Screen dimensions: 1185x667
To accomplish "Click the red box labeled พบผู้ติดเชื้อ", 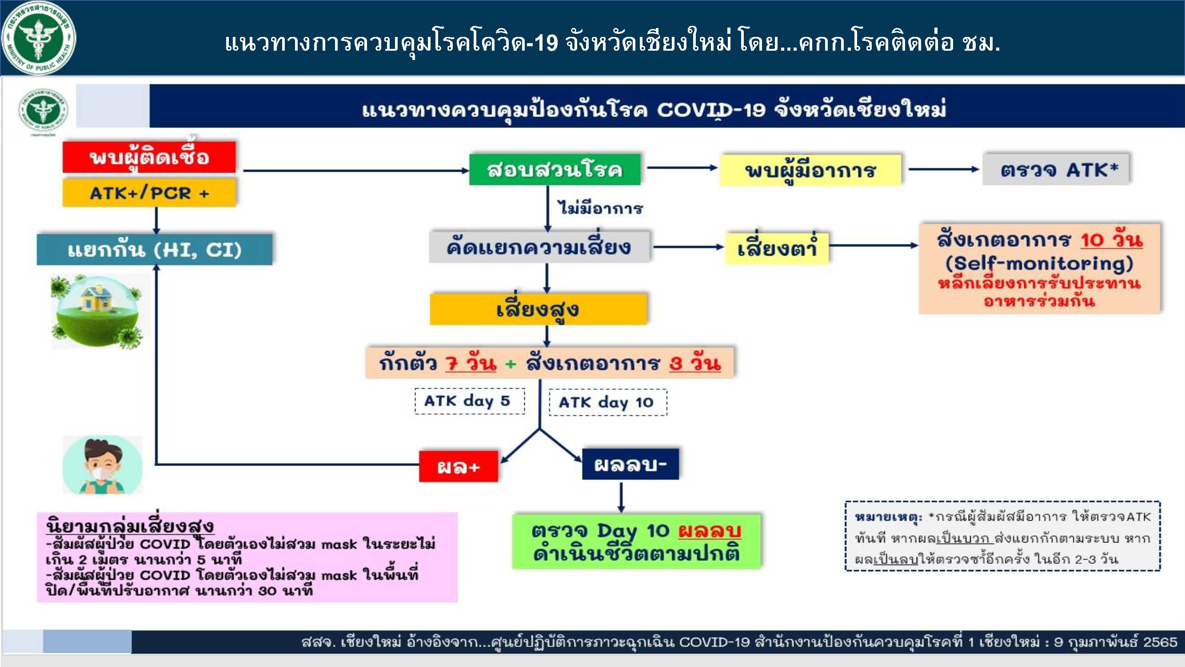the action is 149,157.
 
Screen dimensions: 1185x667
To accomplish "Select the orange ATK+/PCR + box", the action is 149,193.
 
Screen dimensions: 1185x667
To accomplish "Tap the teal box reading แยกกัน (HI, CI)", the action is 155,249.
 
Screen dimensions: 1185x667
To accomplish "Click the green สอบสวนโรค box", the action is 555,169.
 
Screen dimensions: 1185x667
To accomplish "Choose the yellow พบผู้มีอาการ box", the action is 810,170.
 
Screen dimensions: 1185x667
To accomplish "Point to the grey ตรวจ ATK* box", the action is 1056,169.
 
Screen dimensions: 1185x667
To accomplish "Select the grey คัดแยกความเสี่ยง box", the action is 539,247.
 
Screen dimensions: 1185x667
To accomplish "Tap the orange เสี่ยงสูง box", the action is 538,309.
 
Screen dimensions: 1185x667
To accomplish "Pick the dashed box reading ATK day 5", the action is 469,401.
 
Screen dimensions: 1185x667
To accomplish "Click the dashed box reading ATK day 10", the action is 608,402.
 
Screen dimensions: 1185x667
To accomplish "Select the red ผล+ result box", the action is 459,467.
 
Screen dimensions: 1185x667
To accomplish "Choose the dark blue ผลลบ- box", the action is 630,464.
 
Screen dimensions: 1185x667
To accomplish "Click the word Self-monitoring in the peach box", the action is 1040,264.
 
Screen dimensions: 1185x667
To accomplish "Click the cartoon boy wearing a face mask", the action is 103,465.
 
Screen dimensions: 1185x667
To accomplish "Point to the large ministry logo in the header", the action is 39,38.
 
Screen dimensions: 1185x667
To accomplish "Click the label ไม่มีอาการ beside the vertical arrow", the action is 600,208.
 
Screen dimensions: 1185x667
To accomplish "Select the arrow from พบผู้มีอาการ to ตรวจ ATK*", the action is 943,169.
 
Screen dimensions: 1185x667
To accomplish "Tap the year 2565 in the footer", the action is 1160,642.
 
